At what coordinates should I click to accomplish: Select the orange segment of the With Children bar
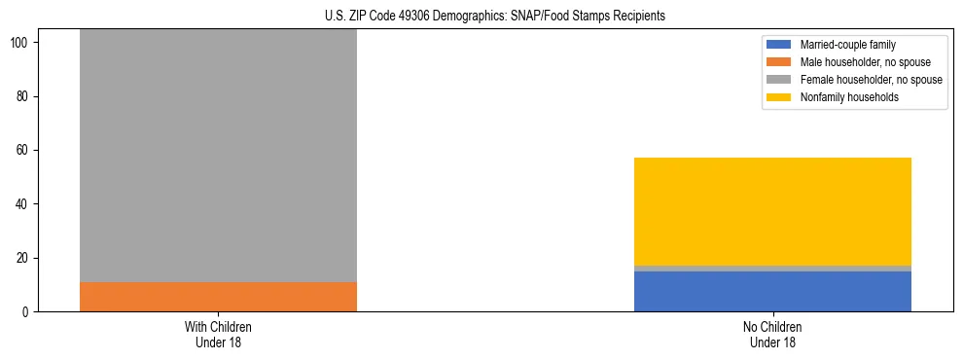pyautogui.click(x=218, y=297)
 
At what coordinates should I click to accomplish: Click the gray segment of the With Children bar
pyautogui.click(x=218, y=156)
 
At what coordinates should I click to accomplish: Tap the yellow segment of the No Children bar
pyautogui.click(x=772, y=211)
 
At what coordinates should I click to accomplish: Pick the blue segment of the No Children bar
pyautogui.click(x=772, y=291)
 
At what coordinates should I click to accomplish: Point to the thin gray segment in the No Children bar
pyautogui.click(x=772, y=268)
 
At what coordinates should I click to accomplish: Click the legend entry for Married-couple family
pyautogui.click(x=847, y=45)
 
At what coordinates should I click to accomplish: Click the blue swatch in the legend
pyautogui.click(x=779, y=45)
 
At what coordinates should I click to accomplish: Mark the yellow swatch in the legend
pyautogui.click(x=779, y=97)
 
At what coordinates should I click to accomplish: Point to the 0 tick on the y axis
pyautogui.click(x=26, y=312)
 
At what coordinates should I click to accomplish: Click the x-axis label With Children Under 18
pyautogui.click(x=218, y=334)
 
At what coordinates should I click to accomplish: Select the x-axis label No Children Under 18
pyautogui.click(x=772, y=334)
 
